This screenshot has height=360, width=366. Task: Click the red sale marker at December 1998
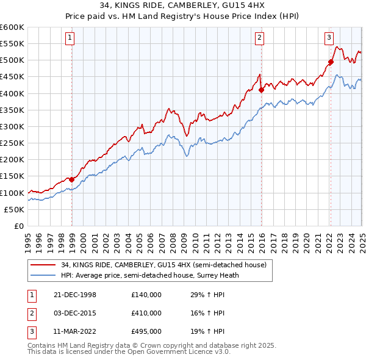(71, 179)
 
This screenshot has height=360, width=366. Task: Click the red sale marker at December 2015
(261, 90)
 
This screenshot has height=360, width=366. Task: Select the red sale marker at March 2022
(331, 62)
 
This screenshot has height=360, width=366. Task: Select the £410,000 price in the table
(146, 313)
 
